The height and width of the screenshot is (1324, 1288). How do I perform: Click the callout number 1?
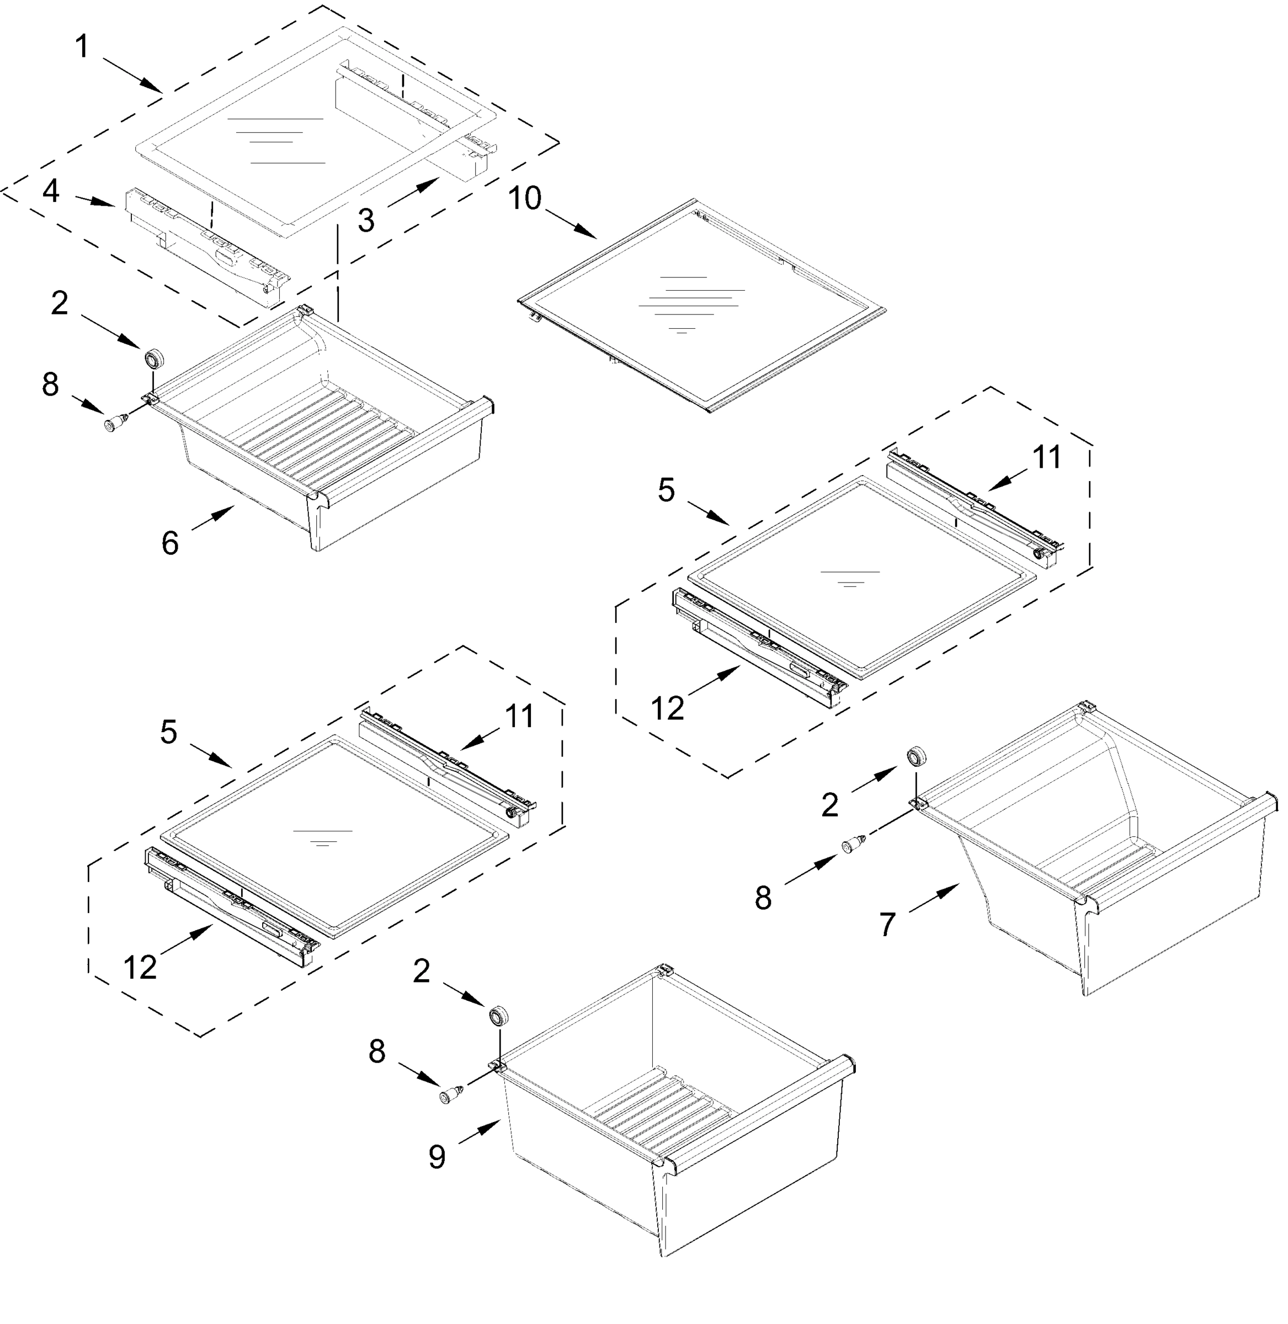tap(82, 47)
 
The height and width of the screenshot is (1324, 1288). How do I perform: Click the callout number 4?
tap(51, 191)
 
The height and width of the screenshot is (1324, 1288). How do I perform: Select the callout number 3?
tap(366, 221)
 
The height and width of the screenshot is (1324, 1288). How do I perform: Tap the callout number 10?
tap(525, 198)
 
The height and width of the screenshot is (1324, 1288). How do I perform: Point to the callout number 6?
tap(170, 542)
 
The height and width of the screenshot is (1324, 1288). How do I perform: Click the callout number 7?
tap(887, 923)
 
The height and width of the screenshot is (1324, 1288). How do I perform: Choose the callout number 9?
tap(437, 1156)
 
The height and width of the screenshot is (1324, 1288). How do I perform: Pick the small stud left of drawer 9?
tap(451, 1096)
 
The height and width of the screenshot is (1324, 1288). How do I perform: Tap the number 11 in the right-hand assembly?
tap(1046, 457)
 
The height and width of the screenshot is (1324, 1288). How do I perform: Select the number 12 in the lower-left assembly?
tap(140, 968)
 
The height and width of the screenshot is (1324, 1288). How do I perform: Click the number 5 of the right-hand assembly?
tap(666, 490)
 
